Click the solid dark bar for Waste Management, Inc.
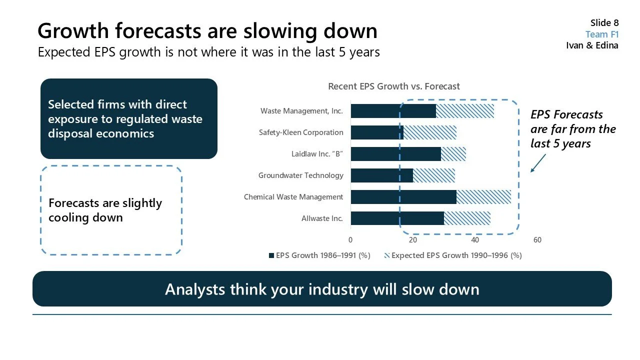[393, 111]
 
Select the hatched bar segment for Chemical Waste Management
[483, 197]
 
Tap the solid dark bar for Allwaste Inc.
[397, 218]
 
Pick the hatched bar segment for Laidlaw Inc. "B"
[453, 154]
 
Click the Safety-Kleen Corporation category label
[301, 132]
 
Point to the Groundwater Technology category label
[300, 175]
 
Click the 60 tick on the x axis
[537, 240]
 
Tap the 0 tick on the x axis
[350, 240]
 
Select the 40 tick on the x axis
[475, 240]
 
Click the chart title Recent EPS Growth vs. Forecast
[394, 86]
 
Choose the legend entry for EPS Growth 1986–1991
[319, 255]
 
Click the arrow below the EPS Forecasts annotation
[538, 163]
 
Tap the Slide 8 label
[604, 23]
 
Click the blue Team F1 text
[602, 34]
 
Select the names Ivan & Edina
[592, 45]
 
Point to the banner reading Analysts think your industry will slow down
[322, 289]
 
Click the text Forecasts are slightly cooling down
[105, 210]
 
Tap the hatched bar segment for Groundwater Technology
[434, 175]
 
